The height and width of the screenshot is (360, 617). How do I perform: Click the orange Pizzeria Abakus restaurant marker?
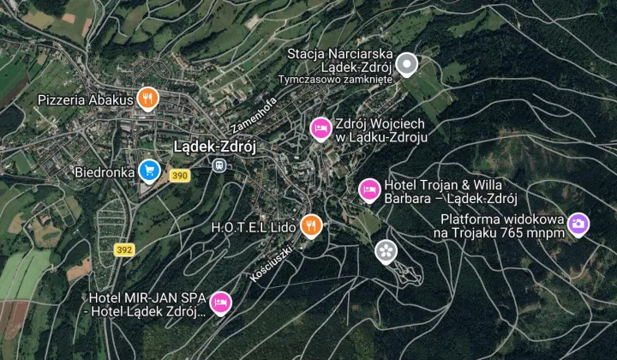pyautogui.click(x=148, y=99)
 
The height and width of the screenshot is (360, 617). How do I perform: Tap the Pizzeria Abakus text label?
pyautogui.click(x=86, y=99)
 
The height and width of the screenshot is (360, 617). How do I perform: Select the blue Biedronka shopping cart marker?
pyautogui.click(x=149, y=171)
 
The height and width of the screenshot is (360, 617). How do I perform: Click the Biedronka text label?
pyautogui.click(x=105, y=171)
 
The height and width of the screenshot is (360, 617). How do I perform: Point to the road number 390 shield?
pyautogui.click(x=179, y=176)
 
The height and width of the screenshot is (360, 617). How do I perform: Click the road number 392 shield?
pyautogui.click(x=124, y=249)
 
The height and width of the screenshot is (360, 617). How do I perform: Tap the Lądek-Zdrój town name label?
pyautogui.click(x=215, y=147)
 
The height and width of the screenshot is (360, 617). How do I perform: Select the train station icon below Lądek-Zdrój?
pyautogui.click(x=220, y=165)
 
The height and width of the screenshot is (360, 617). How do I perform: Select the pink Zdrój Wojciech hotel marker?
pyautogui.click(x=320, y=128)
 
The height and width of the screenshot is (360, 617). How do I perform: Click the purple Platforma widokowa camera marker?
pyautogui.click(x=578, y=225)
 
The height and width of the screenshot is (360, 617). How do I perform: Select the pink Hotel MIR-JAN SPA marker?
pyautogui.click(x=220, y=302)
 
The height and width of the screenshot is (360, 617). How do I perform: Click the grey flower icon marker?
pyautogui.click(x=386, y=251)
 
